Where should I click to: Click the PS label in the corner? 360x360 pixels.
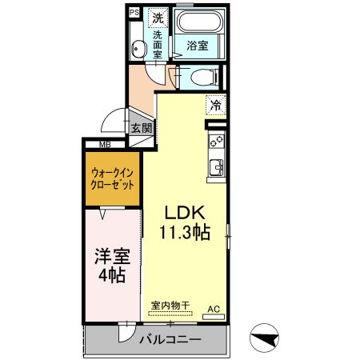point(134,14)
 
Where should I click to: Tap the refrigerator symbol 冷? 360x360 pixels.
point(214,104)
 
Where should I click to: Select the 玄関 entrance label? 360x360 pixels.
point(142,127)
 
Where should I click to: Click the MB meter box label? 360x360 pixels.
point(105,145)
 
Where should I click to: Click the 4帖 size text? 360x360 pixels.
point(112,276)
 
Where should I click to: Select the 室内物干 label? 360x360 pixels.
point(170,305)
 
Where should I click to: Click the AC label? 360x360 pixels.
point(214,308)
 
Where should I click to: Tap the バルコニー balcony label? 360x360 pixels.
point(170,339)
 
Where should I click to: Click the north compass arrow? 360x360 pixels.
point(266,338)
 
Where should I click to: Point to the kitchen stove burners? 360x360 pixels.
point(216,141)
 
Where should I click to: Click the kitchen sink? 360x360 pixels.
point(216,169)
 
